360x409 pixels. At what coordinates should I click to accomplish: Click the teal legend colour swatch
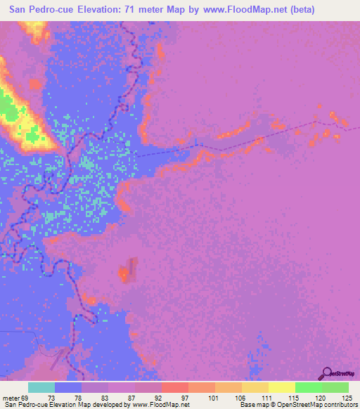point(41,387)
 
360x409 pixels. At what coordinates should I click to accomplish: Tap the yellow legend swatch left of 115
point(282,387)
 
